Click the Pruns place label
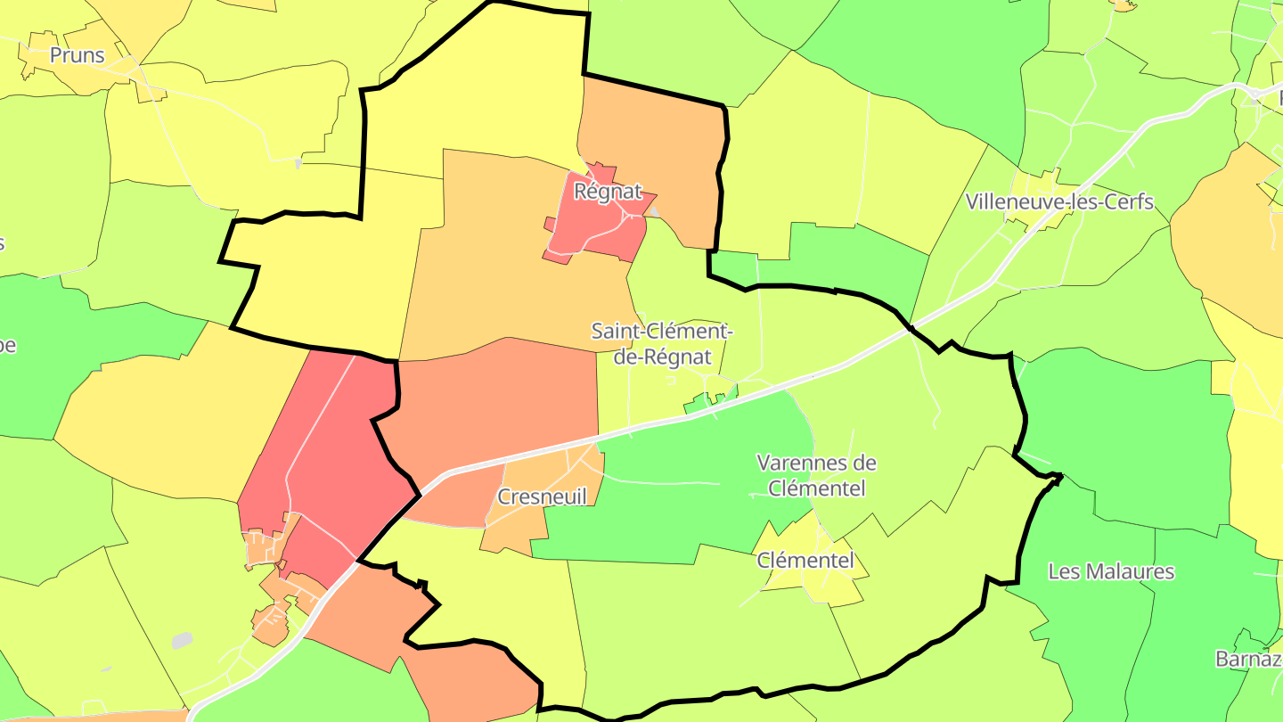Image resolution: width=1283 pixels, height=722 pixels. (77, 55)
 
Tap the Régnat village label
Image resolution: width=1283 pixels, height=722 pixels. (608, 191)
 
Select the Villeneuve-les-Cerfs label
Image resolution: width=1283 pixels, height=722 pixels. (1059, 202)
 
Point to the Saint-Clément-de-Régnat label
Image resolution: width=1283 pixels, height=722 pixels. (661, 344)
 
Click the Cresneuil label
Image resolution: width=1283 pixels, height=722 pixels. (543, 496)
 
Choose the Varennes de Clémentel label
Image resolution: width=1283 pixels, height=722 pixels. (816, 475)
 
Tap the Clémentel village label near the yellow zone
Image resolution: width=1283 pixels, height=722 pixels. (805, 561)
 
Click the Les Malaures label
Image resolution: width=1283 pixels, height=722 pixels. (1111, 571)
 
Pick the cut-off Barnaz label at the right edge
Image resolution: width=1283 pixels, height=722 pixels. (1248, 659)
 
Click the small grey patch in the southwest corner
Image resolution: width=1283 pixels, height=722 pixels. (182, 640)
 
